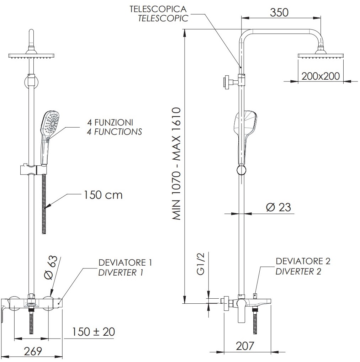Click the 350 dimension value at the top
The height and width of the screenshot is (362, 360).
[279, 12]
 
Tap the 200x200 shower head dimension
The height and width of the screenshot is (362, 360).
[321, 76]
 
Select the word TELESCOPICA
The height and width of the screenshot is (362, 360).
[158, 9]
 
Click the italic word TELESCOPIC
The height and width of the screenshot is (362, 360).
[163, 18]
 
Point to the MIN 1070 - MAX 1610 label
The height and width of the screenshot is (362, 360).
[176, 164]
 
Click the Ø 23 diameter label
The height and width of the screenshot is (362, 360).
[278, 207]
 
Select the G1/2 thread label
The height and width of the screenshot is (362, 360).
[201, 264]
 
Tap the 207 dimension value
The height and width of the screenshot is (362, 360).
[245, 346]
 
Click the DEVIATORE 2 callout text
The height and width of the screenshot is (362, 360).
[303, 261]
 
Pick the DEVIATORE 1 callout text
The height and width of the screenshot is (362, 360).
[125, 262]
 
